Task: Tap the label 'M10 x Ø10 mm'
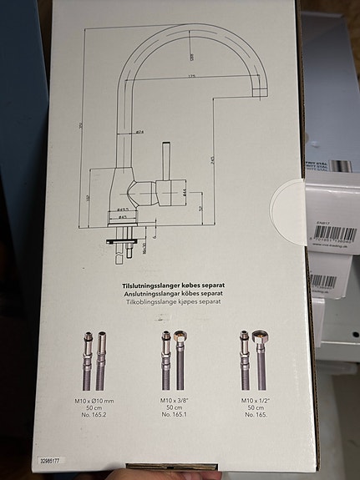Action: (94, 401)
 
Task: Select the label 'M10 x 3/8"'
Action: (175, 401)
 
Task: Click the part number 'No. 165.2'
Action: (94, 416)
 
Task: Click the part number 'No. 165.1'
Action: (175, 416)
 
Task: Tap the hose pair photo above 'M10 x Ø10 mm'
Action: (94, 361)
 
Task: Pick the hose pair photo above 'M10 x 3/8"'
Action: (174, 361)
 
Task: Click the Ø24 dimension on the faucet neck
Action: (139, 131)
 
